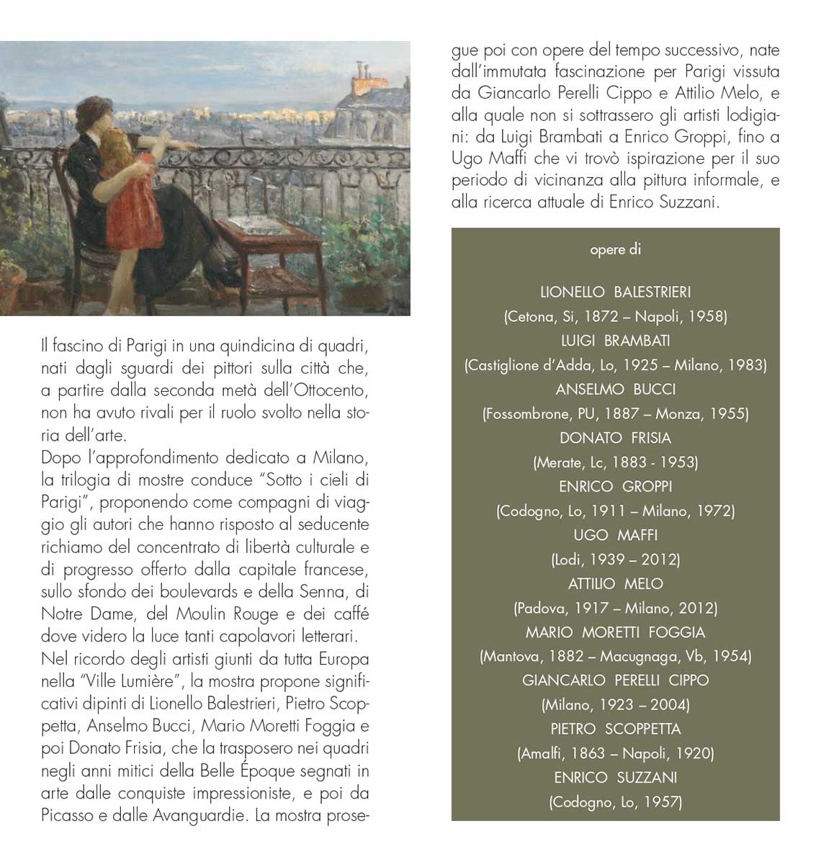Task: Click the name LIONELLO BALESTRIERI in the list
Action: click(x=615, y=292)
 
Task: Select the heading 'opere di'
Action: click(x=615, y=249)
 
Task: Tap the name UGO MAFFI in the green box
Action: click(x=615, y=535)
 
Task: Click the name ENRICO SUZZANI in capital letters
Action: click(x=615, y=778)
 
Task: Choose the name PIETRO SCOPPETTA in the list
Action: click(x=615, y=729)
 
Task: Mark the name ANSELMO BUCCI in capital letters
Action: click(x=615, y=390)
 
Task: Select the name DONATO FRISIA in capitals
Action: click(x=615, y=438)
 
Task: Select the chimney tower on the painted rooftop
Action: click(x=362, y=80)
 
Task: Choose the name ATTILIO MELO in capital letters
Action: click(x=615, y=584)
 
